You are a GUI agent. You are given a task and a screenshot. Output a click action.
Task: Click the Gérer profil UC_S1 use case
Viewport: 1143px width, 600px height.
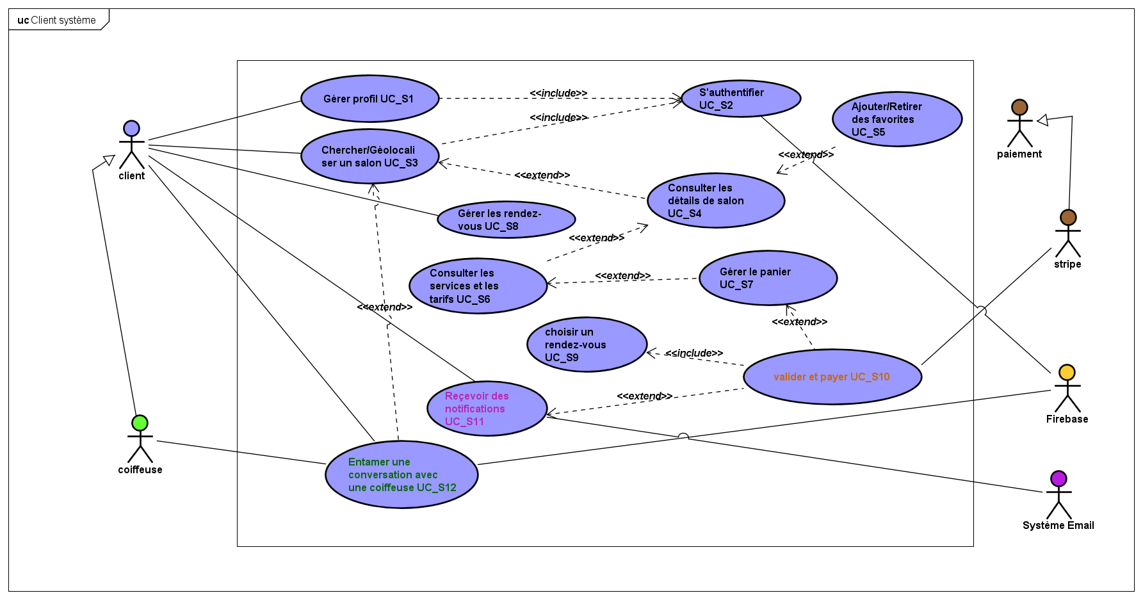tap(369, 99)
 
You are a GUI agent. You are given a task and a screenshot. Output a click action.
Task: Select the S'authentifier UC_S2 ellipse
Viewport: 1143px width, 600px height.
tap(741, 99)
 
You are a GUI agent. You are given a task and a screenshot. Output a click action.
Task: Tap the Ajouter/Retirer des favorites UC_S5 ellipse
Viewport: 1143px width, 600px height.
tap(897, 119)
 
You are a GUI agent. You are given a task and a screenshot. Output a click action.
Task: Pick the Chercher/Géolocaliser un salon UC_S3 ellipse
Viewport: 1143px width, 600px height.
tap(369, 156)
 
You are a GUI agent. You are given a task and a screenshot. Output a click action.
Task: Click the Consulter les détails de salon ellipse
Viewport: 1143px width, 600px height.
tap(716, 200)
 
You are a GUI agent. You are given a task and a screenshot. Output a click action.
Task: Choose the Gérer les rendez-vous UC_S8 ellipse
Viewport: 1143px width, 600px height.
tap(506, 220)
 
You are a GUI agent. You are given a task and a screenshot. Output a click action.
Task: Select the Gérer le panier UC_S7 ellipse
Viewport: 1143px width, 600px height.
tap(768, 278)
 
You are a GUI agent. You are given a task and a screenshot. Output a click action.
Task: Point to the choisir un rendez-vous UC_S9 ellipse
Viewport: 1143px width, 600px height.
tap(587, 345)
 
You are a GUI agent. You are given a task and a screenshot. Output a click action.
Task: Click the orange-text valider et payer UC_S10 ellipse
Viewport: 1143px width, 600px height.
tap(832, 377)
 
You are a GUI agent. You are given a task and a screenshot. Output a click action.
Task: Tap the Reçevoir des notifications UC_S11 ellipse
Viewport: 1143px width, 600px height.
tap(487, 409)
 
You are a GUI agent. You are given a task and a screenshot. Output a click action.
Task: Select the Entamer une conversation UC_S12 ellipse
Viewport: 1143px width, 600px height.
tap(401, 474)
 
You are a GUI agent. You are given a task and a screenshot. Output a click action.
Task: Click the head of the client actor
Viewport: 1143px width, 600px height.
tap(131, 128)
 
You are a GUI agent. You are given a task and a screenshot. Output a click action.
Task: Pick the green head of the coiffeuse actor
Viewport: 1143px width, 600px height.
tap(140, 423)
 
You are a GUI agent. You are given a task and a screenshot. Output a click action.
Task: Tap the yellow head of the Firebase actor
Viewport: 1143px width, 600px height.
tap(1067, 372)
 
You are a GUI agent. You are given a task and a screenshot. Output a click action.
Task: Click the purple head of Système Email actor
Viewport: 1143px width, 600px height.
tap(1058, 478)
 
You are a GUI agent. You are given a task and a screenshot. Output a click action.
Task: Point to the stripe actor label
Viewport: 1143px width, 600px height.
tap(1067, 264)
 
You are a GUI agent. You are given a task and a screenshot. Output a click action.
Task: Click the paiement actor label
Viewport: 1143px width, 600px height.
tap(1019, 154)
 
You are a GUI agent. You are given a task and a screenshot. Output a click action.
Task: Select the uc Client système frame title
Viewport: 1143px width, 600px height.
tap(57, 20)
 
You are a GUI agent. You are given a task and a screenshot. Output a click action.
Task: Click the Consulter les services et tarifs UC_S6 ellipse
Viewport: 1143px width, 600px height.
tap(478, 286)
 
